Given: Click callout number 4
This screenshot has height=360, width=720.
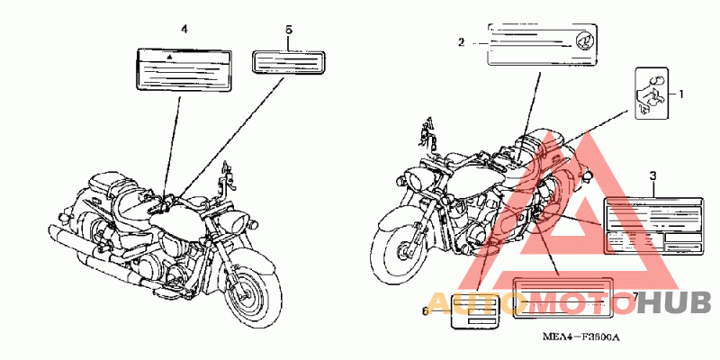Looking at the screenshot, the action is [x=184, y=30].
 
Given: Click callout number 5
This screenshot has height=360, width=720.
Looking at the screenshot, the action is [x=288, y=30].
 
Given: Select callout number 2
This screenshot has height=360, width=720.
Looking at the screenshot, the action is [x=461, y=42].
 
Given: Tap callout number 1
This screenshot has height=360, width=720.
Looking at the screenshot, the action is [x=681, y=93].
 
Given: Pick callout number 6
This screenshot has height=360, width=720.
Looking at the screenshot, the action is [x=426, y=311].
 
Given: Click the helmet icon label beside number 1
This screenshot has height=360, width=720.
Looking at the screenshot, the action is [x=652, y=93].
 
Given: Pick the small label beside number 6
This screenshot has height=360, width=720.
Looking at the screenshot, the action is [x=473, y=311].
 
